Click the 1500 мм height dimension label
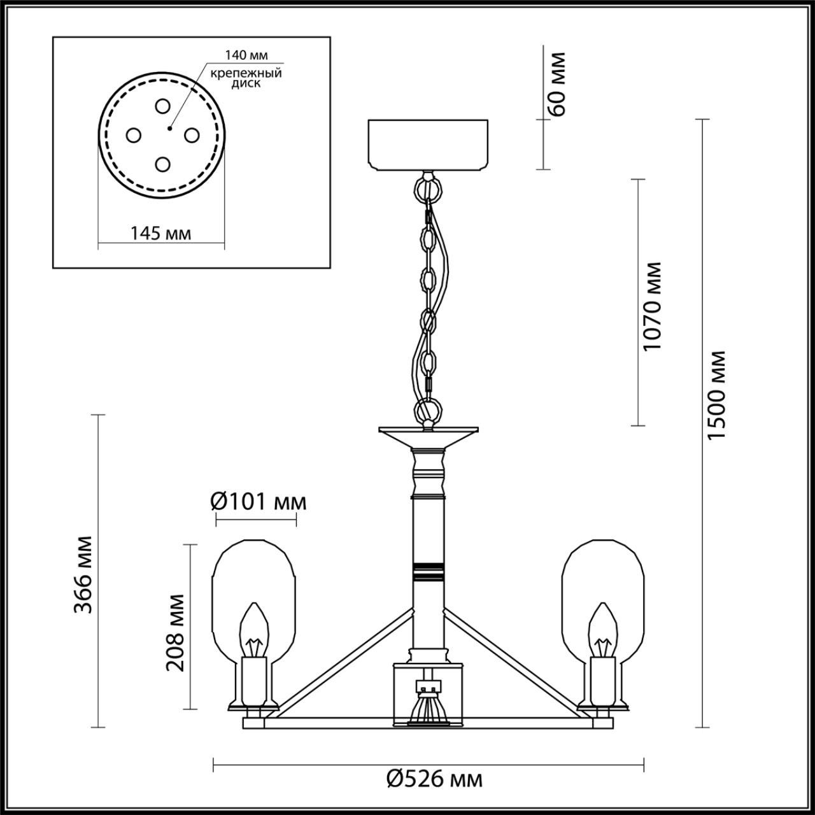click(717, 395)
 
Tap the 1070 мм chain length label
click(653, 306)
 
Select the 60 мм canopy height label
click(556, 83)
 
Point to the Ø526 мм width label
click(434, 778)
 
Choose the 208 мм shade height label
click(175, 632)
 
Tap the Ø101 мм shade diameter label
click(258, 502)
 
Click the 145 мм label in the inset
click(160, 233)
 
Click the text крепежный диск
click(246, 78)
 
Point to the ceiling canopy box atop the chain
click(429, 145)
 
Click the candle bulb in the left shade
click(255, 630)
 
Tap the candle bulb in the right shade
click(602, 630)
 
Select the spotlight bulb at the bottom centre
click(429, 707)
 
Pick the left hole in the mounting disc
click(133, 135)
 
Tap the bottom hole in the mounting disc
click(162, 164)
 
